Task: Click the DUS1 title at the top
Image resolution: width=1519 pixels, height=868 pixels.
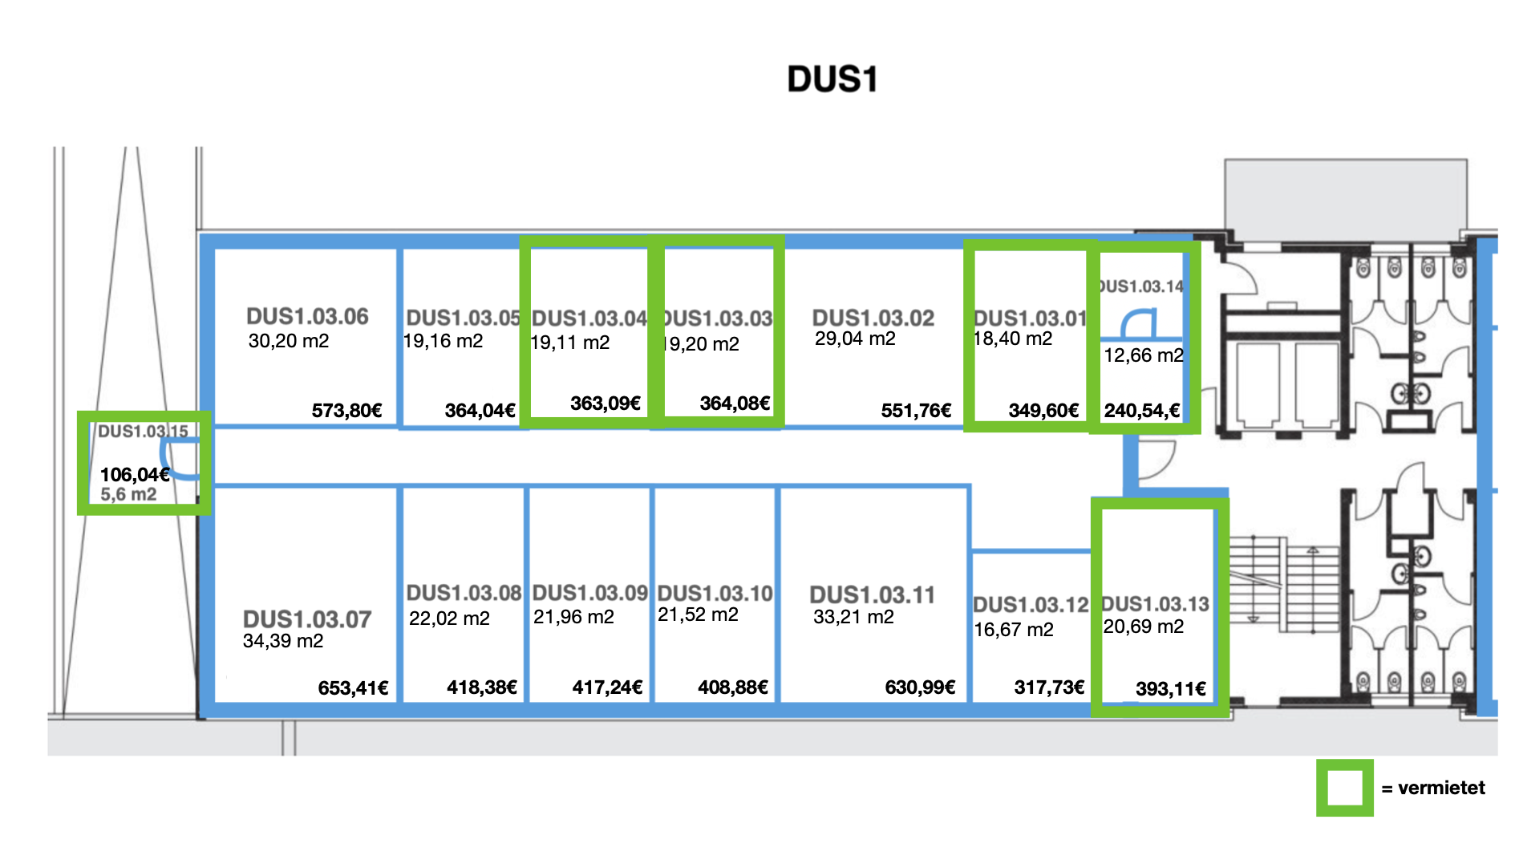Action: (x=832, y=79)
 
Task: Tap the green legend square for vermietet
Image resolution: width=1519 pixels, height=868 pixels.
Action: (x=1344, y=788)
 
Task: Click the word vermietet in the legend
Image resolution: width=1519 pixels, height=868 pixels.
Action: (x=1441, y=788)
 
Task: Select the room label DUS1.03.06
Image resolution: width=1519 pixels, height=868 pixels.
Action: (x=307, y=316)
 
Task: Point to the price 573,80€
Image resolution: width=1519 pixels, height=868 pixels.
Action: (x=346, y=411)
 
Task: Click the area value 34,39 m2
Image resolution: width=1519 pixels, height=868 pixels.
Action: (x=283, y=641)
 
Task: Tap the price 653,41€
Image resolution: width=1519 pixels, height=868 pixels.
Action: (x=353, y=688)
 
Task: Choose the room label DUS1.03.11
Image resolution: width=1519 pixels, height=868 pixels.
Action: (x=873, y=594)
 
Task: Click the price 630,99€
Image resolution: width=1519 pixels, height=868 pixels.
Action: (x=920, y=688)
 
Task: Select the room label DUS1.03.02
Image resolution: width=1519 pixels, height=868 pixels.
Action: (x=873, y=318)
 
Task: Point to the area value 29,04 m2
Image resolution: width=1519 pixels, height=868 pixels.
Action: (x=855, y=339)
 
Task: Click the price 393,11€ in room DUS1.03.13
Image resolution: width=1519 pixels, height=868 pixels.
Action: (x=1171, y=688)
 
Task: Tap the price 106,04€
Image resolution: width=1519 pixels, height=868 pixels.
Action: (x=135, y=474)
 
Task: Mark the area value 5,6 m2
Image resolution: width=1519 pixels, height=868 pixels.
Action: (x=128, y=494)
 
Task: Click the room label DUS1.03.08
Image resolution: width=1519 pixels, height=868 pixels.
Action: (x=464, y=593)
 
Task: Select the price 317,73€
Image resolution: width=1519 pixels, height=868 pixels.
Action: (x=1049, y=688)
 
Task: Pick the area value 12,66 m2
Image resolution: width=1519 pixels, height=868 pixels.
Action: (x=1143, y=355)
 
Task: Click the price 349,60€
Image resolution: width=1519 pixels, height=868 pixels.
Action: (x=1043, y=411)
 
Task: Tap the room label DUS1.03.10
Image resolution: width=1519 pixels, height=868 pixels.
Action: (x=715, y=593)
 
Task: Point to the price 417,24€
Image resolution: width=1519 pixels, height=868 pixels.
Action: (x=607, y=688)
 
